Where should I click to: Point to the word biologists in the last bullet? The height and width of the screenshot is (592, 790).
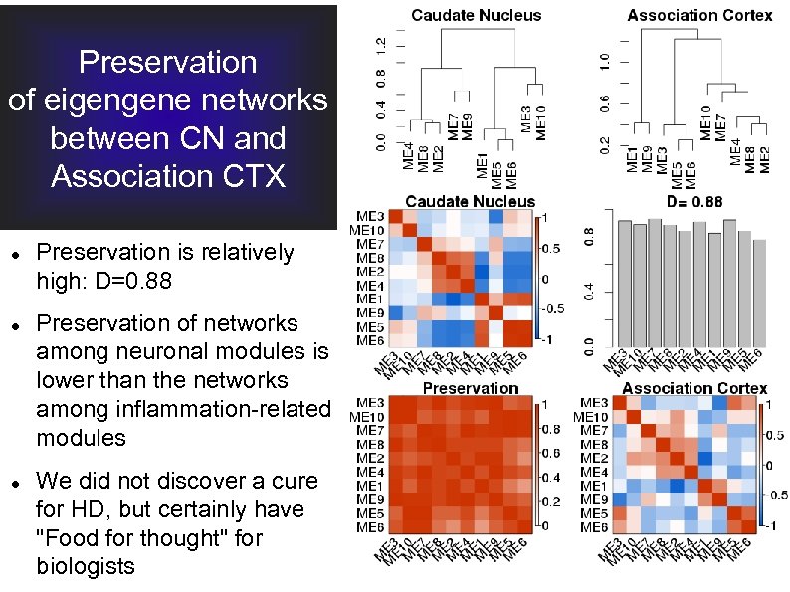(85, 566)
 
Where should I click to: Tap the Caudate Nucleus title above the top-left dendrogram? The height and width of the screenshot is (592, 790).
(477, 14)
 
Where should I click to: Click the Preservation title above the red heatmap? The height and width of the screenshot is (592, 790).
(471, 387)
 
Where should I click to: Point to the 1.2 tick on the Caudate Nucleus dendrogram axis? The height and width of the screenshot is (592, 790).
(376, 46)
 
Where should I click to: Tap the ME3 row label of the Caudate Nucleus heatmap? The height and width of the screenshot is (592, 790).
(371, 216)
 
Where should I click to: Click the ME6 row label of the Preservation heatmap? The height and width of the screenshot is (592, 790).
(371, 526)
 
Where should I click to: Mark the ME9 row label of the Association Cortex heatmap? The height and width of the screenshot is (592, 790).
(594, 499)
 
